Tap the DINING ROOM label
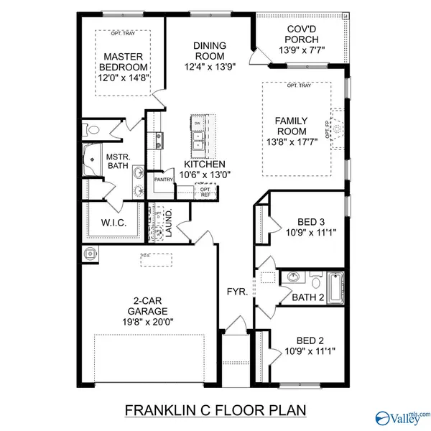pyautogui.click(x=209, y=51)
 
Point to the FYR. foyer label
pyautogui.click(x=237, y=293)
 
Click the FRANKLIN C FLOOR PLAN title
pyautogui.click(x=215, y=410)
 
